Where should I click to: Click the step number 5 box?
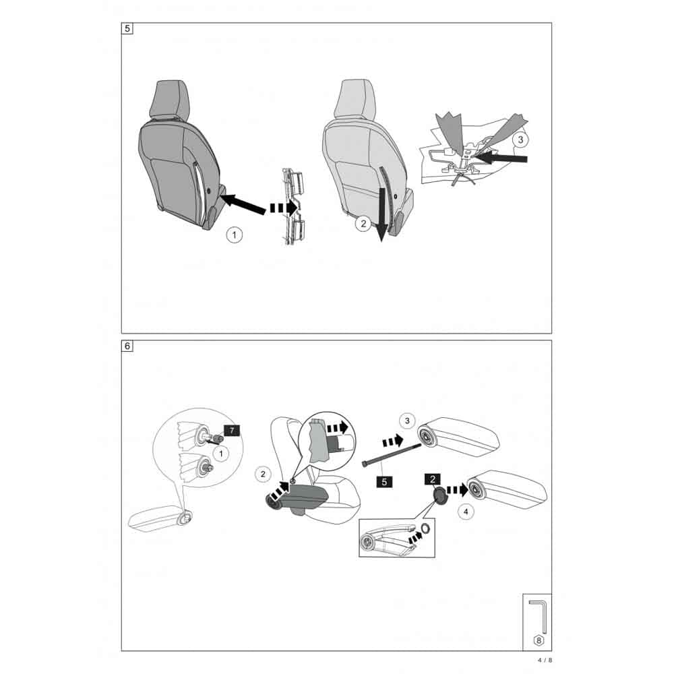(127, 29)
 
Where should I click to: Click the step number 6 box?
(127, 346)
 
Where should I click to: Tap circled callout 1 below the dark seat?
(235, 235)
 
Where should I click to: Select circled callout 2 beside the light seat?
(363, 224)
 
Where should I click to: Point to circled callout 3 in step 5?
(520, 140)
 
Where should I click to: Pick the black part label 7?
(232, 430)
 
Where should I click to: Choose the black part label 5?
(384, 482)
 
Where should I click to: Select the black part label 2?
(433, 479)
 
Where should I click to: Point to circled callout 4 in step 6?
(466, 512)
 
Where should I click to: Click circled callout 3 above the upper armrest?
(407, 421)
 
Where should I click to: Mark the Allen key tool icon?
(538, 616)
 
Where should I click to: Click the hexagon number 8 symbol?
(538, 640)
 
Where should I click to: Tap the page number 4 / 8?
(545, 660)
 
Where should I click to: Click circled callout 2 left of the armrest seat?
(263, 474)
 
